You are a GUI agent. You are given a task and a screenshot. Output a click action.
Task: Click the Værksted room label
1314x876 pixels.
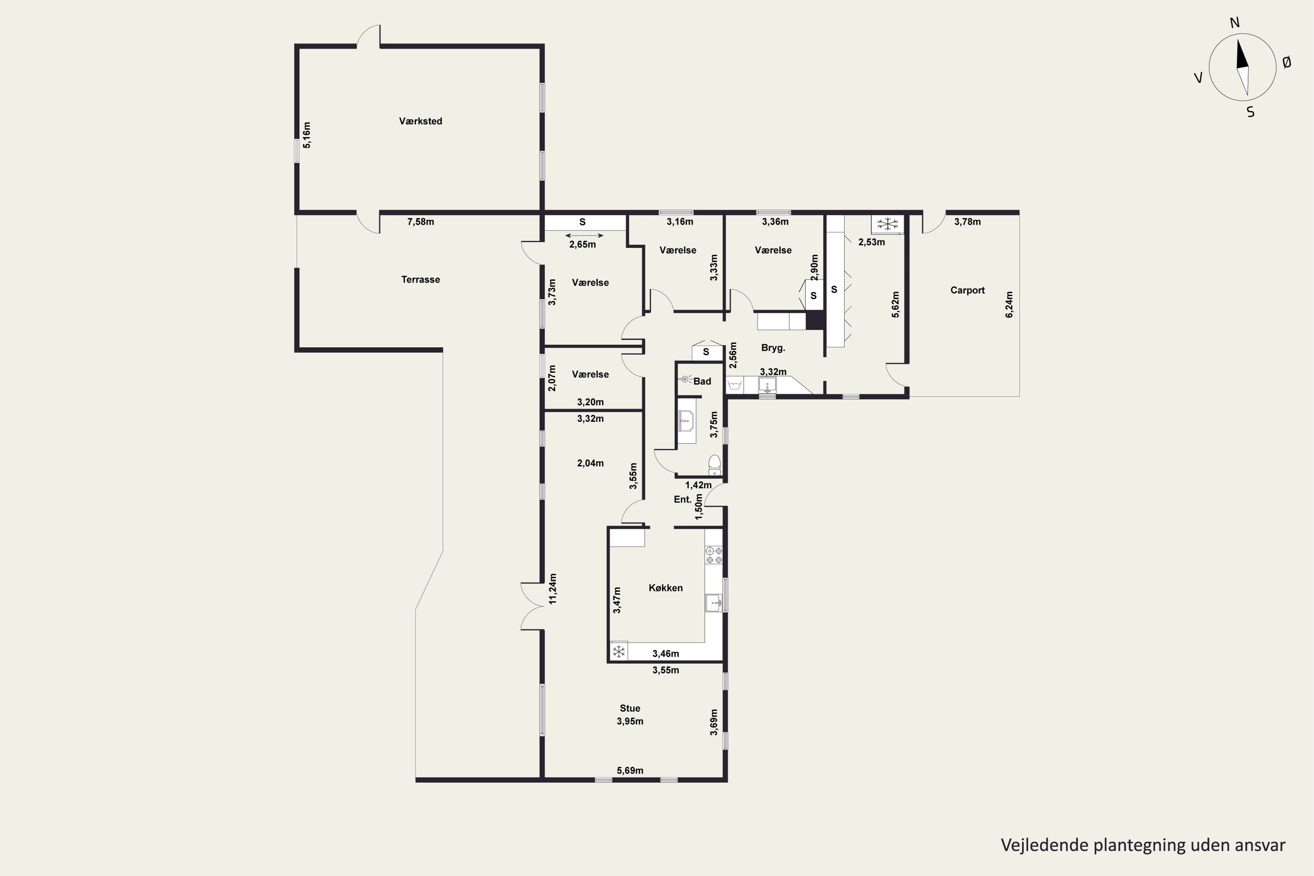pos(420,121)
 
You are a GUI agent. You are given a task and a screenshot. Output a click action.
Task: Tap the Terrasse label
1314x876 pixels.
pos(420,279)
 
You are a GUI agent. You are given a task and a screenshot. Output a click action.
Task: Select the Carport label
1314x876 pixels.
pos(967,290)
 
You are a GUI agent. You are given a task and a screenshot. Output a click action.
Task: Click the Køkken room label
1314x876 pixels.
pos(665,588)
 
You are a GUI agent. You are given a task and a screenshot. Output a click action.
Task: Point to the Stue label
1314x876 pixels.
pos(630,708)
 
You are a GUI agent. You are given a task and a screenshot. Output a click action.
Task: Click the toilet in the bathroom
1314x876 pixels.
pos(714,465)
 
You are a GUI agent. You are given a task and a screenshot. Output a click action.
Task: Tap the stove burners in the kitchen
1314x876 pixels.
pos(714,555)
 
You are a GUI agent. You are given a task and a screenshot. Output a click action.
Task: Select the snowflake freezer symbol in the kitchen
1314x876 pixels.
pos(618,651)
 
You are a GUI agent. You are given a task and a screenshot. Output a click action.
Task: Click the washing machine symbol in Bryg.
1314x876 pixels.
pos(735,385)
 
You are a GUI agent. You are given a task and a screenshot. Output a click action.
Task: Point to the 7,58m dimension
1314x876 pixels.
pos(420,222)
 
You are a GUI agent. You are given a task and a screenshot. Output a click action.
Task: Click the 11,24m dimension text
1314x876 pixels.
pos(552,588)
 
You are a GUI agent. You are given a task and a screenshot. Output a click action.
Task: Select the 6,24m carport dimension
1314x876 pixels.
pos(1009,304)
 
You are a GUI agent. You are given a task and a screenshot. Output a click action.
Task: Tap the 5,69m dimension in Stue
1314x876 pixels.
pos(630,770)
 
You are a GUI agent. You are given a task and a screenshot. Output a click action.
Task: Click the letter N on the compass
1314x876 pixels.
pos(1235,22)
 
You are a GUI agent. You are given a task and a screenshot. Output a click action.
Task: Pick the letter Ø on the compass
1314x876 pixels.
pos(1287,63)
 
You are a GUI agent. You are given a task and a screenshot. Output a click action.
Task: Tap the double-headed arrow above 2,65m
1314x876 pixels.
pos(584,236)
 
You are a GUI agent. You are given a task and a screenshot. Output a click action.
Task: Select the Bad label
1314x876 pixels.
pos(702,381)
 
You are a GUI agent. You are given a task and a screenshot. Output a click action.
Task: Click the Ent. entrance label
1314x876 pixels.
pos(682,499)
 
